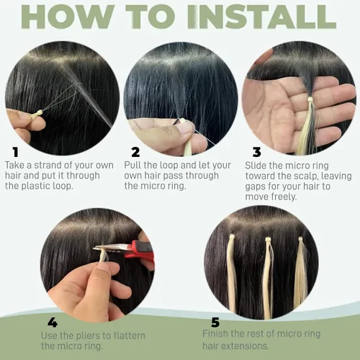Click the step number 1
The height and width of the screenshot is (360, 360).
(16, 152)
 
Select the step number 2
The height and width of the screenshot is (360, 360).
(135, 152)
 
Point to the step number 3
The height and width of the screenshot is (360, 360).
(257, 152)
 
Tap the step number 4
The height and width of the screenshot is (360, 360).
(53, 323)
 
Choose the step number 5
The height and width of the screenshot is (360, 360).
(215, 323)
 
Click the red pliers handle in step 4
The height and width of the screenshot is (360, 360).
(140, 251)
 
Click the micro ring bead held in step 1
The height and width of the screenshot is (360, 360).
(37, 114)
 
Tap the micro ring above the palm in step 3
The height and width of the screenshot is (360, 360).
(310, 99)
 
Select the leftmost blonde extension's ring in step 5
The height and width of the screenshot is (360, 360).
(232, 237)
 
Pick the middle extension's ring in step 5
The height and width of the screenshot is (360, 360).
(268, 240)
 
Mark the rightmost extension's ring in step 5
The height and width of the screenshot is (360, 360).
(300, 239)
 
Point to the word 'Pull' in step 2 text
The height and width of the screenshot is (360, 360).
(132, 165)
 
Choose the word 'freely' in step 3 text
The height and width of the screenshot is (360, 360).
(284, 197)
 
